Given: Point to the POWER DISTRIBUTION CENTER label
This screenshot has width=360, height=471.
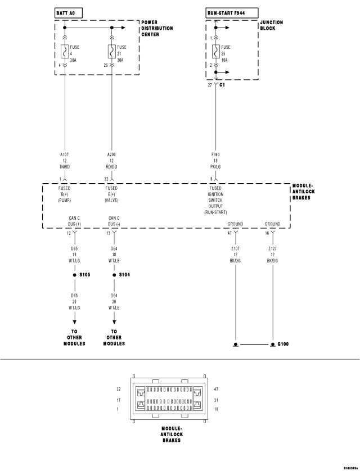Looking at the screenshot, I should pos(157,28).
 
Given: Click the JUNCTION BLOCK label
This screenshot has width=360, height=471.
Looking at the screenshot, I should pos(271,25).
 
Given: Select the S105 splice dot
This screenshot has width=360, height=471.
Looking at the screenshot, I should pos(74,275).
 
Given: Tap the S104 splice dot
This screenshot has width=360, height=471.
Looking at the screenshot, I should pos(114,275).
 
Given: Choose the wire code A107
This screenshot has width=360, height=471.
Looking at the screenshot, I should pos(65,154).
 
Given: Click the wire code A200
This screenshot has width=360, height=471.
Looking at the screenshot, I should pos(112,154).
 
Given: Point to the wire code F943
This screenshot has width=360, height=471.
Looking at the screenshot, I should pos(216,154).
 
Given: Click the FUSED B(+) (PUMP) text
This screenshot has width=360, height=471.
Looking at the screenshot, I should pos(65,194).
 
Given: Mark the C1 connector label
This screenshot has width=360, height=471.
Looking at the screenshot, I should pos(222,85).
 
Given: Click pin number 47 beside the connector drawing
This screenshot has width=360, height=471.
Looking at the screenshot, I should pos(217,389).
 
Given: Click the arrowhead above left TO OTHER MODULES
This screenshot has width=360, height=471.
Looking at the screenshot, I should pos(74,321).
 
